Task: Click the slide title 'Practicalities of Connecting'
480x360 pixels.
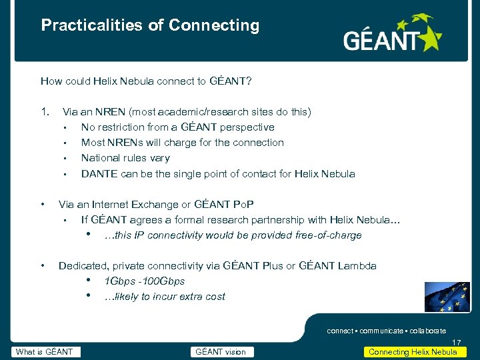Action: [x=150, y=25]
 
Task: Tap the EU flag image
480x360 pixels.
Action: [x=447, y=299]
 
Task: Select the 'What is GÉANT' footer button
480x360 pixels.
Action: [x=46, y=352]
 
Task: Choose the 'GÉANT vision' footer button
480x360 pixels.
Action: [x=221, y=352]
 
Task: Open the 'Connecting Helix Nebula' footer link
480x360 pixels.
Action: [x=413, y=352]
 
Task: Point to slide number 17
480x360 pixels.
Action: [x=456, y=342]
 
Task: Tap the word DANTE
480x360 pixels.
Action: [x=99, y=174]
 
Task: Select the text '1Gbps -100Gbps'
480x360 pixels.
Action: [x=145, y=281]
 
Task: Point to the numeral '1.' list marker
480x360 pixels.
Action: [x=45, y=111]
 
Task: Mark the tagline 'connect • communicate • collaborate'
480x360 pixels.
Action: [x=386, y=331]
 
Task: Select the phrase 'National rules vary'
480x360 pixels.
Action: [x=125, y=158]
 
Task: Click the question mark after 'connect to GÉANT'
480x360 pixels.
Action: [x=248, y=81]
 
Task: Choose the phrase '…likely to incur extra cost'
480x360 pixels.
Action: [x=165, y=297]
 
